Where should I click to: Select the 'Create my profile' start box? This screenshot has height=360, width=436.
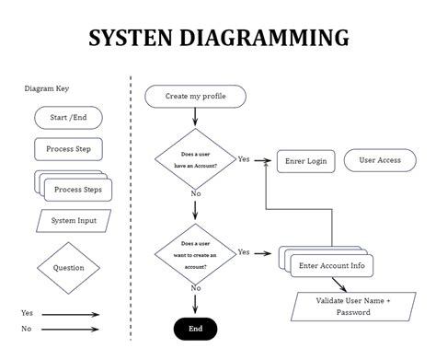tap(196, 96)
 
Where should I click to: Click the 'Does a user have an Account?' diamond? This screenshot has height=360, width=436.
tap(195, 160)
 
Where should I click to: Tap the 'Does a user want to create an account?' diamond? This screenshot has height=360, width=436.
tap(195, 252)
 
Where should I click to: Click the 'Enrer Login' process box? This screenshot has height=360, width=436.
tap(305, 161)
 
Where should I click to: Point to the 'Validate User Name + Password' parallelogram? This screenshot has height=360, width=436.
tap(354, 306)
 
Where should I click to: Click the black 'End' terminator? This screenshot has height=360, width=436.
tap(195, 329)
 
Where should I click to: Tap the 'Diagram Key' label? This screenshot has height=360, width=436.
tap(46, 89)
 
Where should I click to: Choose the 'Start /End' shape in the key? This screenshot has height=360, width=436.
tap(68, 118)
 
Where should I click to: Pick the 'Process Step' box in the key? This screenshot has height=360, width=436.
tap(68, 148)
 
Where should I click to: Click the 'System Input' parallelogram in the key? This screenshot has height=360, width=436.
tap(74, 221)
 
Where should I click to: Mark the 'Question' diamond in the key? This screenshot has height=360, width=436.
tap(68, 268)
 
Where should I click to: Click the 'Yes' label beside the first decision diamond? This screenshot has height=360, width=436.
tap(244, 159)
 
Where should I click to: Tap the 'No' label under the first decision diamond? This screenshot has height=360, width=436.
tap(195, 194)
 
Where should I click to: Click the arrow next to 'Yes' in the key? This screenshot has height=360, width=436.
tap(70, 314)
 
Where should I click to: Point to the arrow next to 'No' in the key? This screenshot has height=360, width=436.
tap(70, 329)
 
